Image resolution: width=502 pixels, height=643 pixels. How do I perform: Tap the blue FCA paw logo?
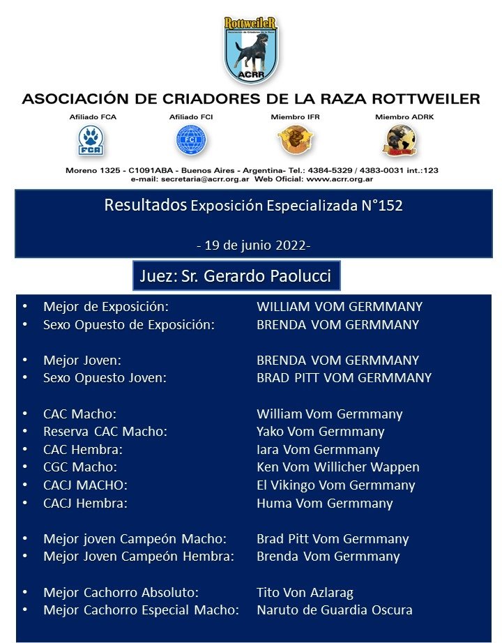pos(88,141)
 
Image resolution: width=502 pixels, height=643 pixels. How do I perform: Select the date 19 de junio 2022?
pos(253,245)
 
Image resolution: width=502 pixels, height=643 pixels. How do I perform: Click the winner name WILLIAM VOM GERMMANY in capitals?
pos(340,306)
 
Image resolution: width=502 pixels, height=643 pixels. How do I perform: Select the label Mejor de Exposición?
pos(106,306)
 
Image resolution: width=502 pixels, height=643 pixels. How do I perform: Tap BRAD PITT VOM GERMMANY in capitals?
pos(344,378)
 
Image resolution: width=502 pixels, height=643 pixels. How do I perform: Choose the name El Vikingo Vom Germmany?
pos(335,485)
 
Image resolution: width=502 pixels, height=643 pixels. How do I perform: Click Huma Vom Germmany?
pos(324,503)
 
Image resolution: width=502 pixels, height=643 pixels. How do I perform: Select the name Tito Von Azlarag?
pos(305,593)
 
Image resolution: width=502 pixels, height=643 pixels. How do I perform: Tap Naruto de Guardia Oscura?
pos(334,610)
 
